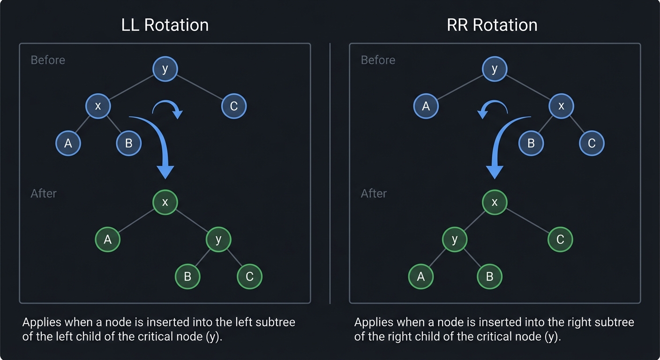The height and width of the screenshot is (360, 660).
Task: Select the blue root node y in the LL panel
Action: click(x=165, y=69)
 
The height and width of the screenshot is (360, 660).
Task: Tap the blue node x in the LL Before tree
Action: click(x=97, y=106)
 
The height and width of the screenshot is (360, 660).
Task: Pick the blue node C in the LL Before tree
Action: click(x=233, y=106)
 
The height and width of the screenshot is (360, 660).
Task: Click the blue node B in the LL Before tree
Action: click(x=128, y=143)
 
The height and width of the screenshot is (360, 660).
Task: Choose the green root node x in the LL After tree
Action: click(x=165, y=202)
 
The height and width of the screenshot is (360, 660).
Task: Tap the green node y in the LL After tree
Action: click(x=218, y=239)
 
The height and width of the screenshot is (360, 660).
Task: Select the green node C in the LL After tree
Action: click(x=249, y=277)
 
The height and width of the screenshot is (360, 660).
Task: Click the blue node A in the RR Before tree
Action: click(x=426, y=106)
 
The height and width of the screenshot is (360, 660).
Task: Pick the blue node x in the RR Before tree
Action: click(x=561, y=106)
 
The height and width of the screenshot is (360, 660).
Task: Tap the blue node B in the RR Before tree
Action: click(x=531, y=143)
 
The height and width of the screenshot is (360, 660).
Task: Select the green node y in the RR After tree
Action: click(x=454, y=239)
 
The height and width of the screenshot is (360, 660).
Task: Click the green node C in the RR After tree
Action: click(x=560, y=239)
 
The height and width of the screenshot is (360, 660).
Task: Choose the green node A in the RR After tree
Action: click(x=420, y=277)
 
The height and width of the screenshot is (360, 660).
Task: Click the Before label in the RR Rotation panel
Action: click(x=378, y=60)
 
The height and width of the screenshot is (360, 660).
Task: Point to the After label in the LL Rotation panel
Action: click(x=44, y=193)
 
